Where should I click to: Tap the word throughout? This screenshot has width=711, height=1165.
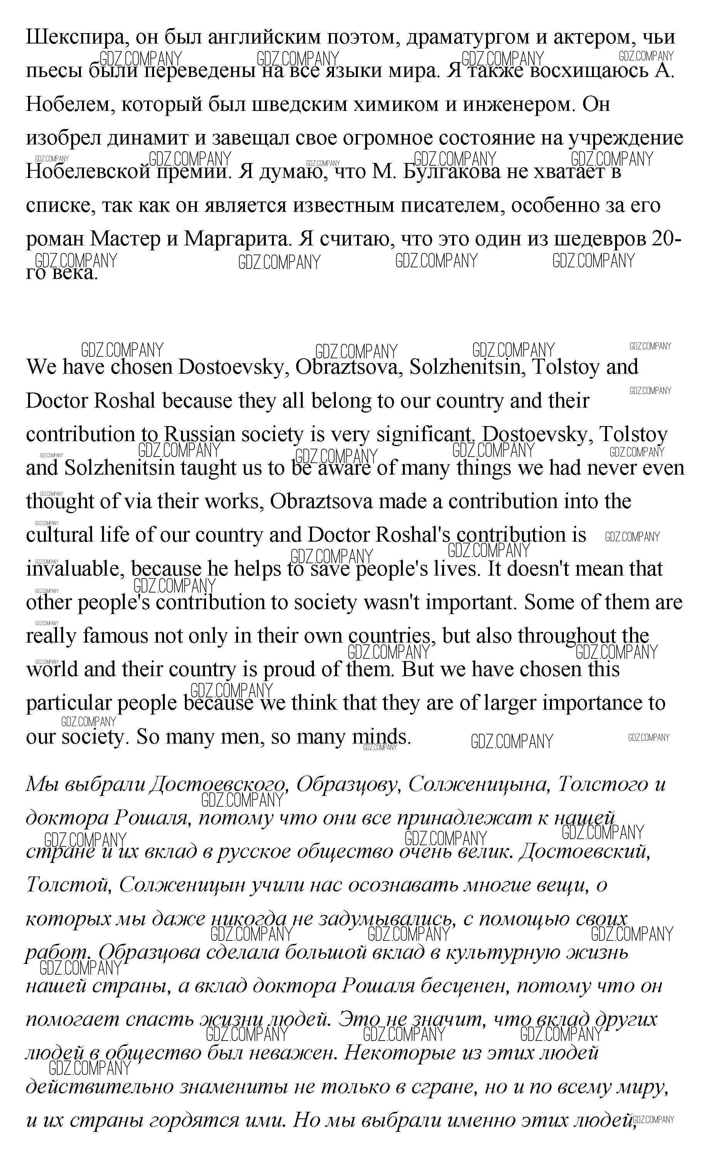pyautogui.click(x=570, y=636)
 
